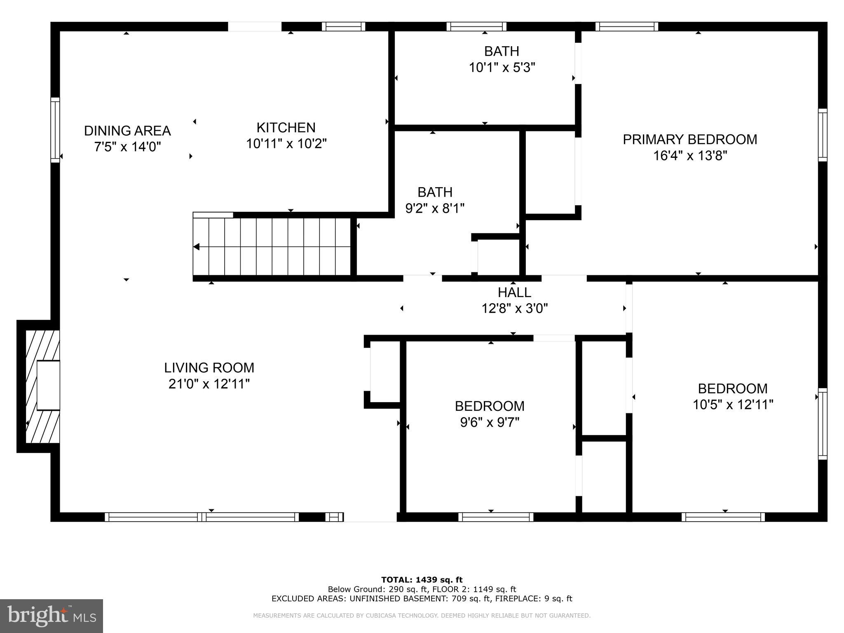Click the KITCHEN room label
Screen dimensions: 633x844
click(x=286, y=128)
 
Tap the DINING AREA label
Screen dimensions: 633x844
click(x=127, y=131)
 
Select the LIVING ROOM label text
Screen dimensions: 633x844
click(x=209, y=368)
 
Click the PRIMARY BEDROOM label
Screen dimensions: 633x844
click(x=689, y=140)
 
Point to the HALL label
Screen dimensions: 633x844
click(x=514, y=293)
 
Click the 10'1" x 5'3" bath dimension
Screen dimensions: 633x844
click(x=502, y=68)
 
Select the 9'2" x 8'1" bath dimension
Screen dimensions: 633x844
click(x=435, y=209)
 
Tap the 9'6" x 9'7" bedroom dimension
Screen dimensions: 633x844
click(x=489, y=422)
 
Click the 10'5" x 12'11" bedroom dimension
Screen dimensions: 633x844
click(x=732, y=405)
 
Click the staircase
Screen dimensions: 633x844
click(x=272, y=246)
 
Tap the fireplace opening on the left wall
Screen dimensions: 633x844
click(x=48, y=385)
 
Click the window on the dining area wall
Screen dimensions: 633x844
click(x=55, y=130)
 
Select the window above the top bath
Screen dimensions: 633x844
click(x=476, y=27)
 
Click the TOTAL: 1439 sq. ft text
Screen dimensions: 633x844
click(x=422, y=580)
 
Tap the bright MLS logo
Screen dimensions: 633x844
click(x=52, y=616)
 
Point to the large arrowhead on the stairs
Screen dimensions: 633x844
click(x=197, y=247)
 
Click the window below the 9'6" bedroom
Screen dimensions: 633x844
click(x=495, y=517)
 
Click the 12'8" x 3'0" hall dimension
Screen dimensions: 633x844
click(x=514, y=309)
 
